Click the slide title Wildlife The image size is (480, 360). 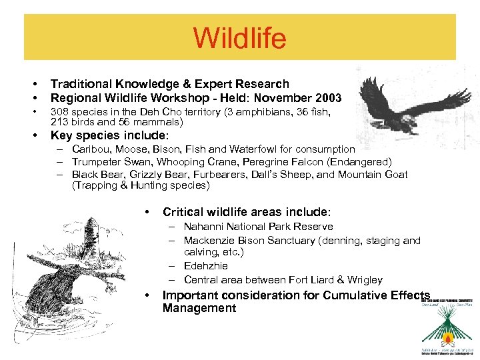click(239, 38)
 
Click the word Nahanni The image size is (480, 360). click(204, 227)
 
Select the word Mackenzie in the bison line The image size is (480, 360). click(209, 240)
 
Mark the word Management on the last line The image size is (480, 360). click(199, 308)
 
